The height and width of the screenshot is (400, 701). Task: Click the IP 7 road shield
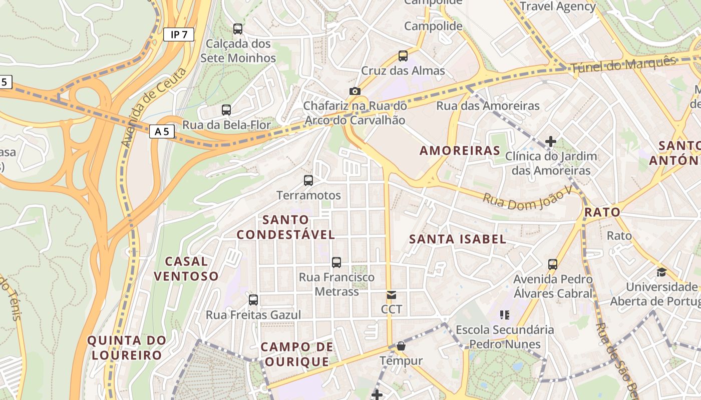(179, 34)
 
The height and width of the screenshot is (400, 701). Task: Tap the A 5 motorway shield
(162, 131)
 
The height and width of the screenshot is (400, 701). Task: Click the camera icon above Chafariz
(355, 91)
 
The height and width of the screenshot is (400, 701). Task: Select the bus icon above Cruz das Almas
(403, 56)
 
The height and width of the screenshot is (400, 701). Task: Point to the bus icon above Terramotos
(308, 180)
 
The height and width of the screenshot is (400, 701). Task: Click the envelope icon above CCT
(392, 295)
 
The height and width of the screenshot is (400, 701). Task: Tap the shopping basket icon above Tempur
(401, 346)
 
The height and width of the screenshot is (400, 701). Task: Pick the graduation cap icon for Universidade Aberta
(661, 272)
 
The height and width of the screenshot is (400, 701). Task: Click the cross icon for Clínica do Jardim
(551, 141)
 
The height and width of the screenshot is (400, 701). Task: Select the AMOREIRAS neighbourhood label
(460, 150)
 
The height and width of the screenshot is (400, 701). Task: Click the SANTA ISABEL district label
(458, 239)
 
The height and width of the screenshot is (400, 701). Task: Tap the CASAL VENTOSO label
(186, 268)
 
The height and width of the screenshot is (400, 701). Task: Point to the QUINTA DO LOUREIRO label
(127, 348)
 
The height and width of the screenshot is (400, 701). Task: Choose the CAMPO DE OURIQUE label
(297, 354)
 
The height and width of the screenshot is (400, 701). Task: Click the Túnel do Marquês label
(623, 64)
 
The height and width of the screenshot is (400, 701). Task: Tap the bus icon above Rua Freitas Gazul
(253, 300)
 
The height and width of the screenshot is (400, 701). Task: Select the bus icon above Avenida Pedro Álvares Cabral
(553, 264)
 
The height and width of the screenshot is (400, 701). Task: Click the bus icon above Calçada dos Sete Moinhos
(238, 29)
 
